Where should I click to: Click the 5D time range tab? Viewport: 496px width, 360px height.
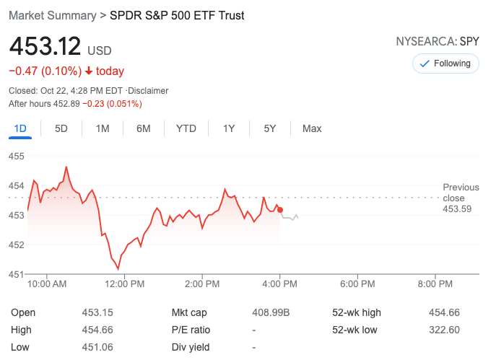click(x=61, y=128)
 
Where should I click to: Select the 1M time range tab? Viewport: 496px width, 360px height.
click(x=103, y=128)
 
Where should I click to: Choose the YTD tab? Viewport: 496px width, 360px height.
click(x=186, y=128)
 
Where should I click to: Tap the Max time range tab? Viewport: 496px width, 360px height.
click(x=312, y=128)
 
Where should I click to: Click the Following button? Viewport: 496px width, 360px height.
click(x=445, y=63)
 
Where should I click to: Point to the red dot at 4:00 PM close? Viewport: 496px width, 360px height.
click(x=280, y=210)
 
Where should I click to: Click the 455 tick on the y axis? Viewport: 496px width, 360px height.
click(x=17, y=156)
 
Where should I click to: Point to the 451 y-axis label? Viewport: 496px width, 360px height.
click(x=17, y=274)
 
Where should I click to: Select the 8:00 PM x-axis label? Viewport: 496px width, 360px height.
click(x=435, y=284)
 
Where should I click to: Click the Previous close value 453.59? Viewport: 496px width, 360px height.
click(x=457, y=209)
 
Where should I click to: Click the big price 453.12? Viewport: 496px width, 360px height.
click(x=45, y=48)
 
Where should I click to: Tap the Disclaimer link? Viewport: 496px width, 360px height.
click(x=148, y=91)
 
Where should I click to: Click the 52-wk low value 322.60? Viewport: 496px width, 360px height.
click(x=444, y=330)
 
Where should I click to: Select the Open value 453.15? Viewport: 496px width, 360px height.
click(x=97, y=312)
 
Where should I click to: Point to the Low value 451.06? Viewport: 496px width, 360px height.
click(x=97, y=347)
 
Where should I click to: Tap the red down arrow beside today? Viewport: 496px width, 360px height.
click(x=88, y=71)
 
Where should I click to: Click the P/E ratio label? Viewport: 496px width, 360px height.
click(x=191, y=330)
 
